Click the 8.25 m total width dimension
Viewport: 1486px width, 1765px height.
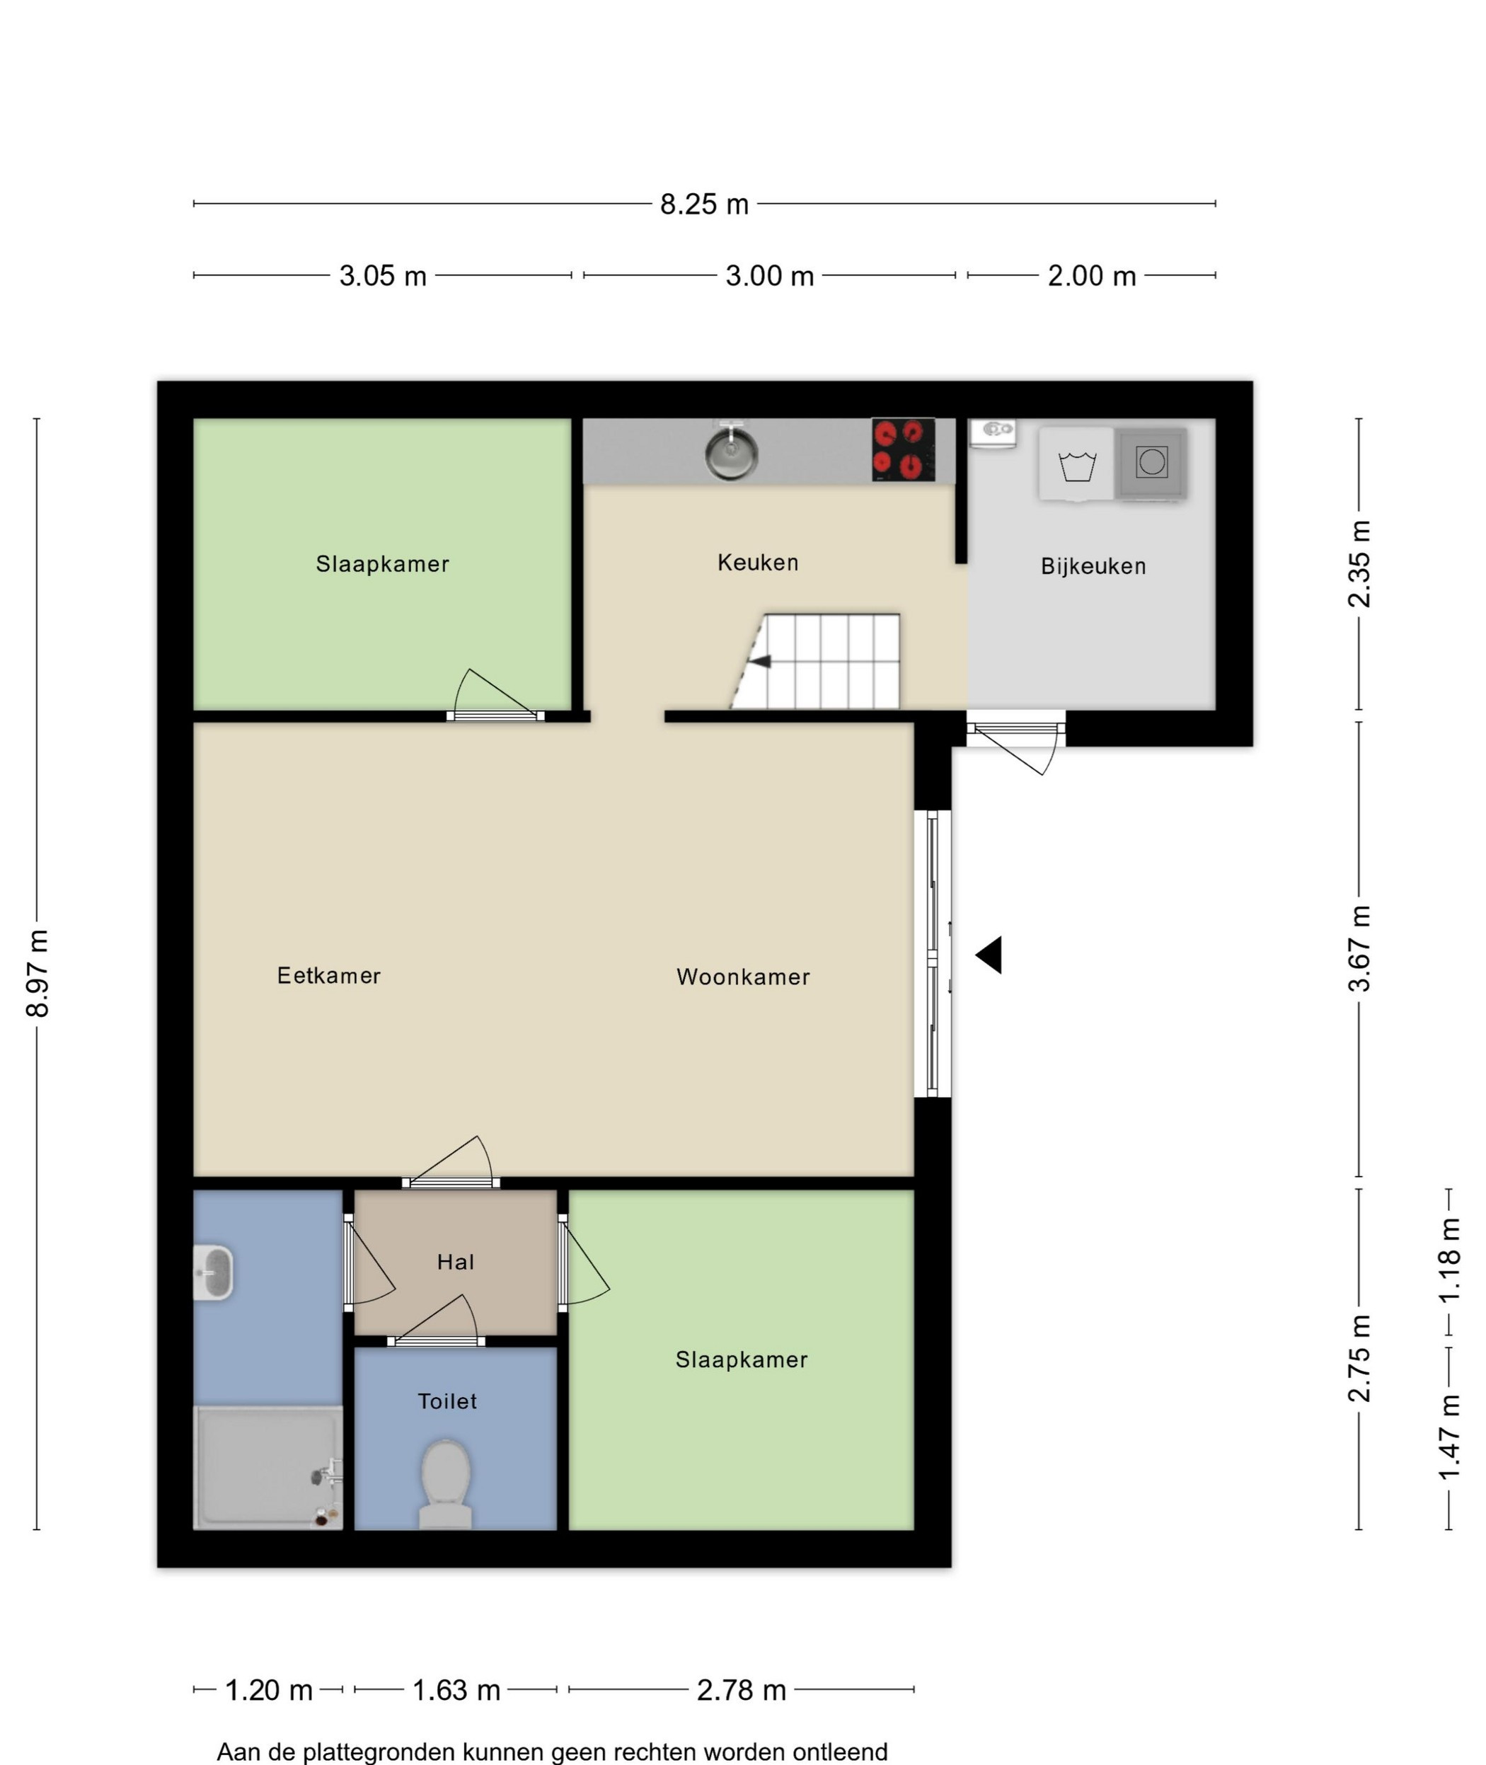[x=704, y=205]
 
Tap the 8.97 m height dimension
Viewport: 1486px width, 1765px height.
[x=38, y=974]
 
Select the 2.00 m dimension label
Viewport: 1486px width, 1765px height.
[x=1092, y=276]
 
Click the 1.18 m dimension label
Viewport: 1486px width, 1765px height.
[x=1449, y=1260]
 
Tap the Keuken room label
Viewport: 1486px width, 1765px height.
[x=758, y=563]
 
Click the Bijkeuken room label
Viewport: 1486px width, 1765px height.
[x=1093, y=567]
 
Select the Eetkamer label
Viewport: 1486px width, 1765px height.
[x=329, y=976]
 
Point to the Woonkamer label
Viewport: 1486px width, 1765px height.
[x=743, y=977]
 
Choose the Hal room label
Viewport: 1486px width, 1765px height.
[x=456, y=1262]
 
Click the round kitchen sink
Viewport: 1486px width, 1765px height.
[x=731, y=452]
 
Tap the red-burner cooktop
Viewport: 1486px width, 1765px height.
[x=903, y=450]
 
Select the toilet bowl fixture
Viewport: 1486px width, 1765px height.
[x=446, y=1485]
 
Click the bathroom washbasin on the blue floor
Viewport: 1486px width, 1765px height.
[x=213, y=1272]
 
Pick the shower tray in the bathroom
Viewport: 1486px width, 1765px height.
[x=268, y=1468]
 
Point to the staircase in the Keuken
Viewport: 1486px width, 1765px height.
[x=814, y=662]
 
